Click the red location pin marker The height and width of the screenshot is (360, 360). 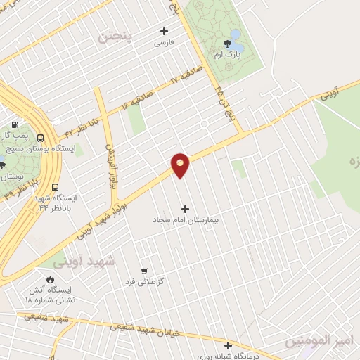tap(181, 165)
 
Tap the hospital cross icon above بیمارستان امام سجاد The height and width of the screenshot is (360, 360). tap(186, 209)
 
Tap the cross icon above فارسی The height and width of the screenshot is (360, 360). tap(164, 31)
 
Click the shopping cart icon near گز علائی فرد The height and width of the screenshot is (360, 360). tap(144, 271)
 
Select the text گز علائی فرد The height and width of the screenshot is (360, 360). tap(145, 281)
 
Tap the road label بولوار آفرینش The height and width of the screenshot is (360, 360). tap(110, 167)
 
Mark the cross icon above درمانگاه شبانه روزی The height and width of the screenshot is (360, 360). tap(228, 345)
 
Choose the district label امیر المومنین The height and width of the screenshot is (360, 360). tap(321, 341)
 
